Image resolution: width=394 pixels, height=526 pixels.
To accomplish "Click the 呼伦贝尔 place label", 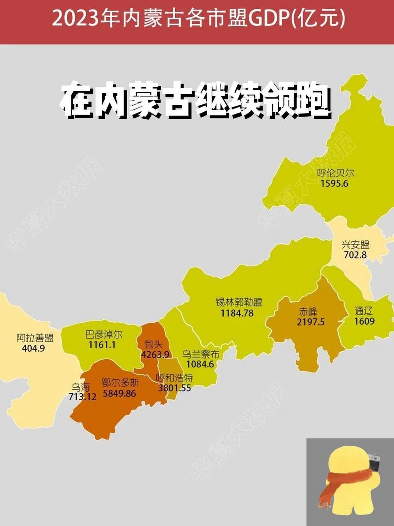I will point(335,173).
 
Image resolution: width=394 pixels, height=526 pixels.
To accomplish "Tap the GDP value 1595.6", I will point(334,183).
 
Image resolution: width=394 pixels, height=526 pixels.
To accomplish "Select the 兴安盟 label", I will point(355,245).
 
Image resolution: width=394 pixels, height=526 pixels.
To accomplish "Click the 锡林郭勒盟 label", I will point(238,302).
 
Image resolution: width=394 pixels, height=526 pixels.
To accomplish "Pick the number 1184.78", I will point(237,313).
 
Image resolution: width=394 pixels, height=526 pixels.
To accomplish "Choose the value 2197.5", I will point(311,322).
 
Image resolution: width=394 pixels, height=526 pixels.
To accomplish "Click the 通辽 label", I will point(364,311).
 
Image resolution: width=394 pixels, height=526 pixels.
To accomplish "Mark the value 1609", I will point(364,321).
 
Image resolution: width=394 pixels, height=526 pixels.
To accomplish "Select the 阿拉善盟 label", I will point(35,338).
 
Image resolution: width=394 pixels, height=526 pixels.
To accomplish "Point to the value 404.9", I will point(31,348).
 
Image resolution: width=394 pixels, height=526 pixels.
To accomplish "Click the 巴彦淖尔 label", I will point(103,334).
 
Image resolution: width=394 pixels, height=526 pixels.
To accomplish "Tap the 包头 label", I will point(153,344).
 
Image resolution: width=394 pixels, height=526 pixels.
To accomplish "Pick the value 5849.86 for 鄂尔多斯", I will point(119,393).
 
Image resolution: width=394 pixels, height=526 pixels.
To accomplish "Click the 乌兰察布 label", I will point(201,354).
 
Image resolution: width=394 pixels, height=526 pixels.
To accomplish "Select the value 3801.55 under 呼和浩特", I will point(174,388).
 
